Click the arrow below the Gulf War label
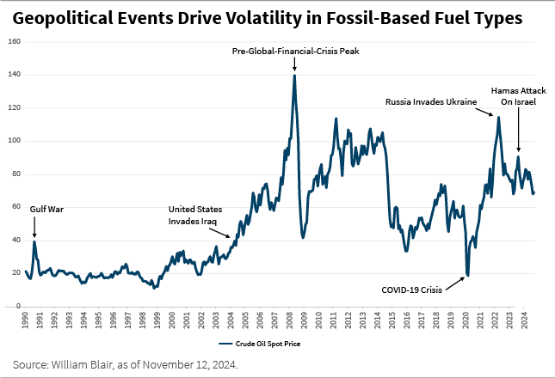click(34, 227)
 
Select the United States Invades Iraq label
click(195, 215)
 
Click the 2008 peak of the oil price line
click(294, 76)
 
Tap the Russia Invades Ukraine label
click(430, 101)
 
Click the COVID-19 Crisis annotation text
click(411, 290)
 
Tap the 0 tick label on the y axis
click(18, 306)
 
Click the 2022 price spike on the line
click(498, 117)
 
